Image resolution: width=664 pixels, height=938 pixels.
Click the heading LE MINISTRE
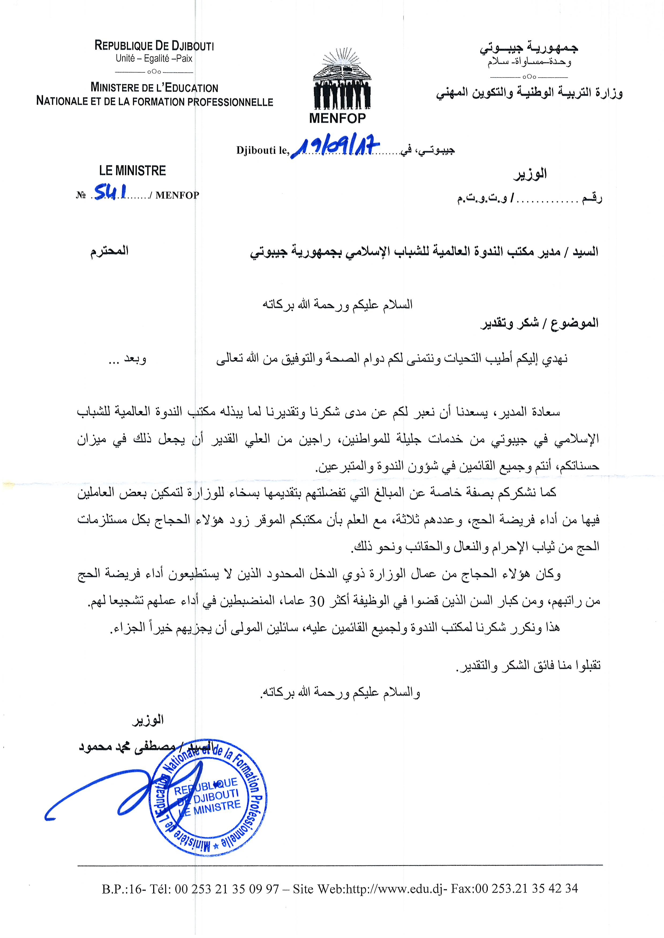133,171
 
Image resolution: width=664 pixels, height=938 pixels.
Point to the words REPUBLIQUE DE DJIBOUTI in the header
154,45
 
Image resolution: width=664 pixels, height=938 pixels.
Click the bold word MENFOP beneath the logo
337,118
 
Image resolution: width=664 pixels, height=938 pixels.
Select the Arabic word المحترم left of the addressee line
110,250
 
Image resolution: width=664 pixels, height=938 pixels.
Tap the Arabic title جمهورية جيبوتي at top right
529,48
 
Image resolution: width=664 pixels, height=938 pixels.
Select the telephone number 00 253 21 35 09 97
227,889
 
